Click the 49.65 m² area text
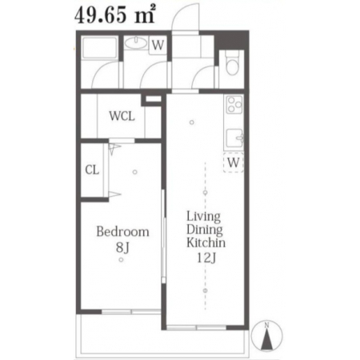click(114, 14)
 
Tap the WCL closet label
click(122, 116)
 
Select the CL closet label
click(92, 170)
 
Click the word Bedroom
click(122, 231)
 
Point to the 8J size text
click(122, 248)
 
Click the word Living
click(203, 217)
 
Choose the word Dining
click(205, 230)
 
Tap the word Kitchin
click(206, 242)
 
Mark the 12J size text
click(206, 258)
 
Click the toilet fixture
click(233, 62)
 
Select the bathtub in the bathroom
click(99, 49)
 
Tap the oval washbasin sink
click(136, 43)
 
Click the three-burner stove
click(234, 105)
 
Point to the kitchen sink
click(234, 138)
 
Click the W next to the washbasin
click(158, 45)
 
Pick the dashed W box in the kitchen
click(234, 162)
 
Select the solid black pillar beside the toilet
click(231, 41)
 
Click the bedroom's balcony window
click(131, 311)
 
